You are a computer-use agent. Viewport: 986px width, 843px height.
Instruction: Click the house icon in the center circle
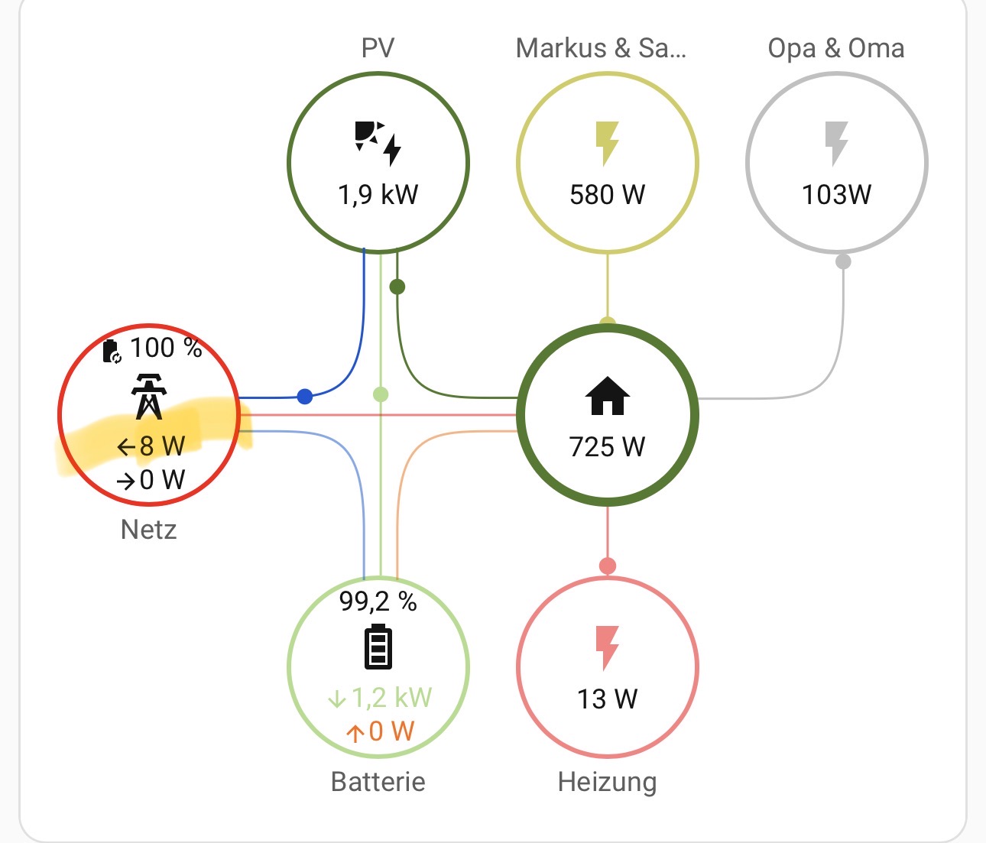[x=608, y=396]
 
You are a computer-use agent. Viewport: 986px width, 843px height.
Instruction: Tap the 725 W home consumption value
[x=608, y=446]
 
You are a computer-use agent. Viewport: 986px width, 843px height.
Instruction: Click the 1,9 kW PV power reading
[x=378, y=195]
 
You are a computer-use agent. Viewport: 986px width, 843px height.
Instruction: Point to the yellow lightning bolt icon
[x=607, y=143]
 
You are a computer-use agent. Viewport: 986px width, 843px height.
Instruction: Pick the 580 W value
[x=608, y=195]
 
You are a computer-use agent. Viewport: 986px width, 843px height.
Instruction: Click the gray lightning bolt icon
[x=836, y=143]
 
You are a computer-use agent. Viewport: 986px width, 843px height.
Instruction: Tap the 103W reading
[x=836, y=195]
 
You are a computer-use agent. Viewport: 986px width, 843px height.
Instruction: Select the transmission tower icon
[x=149, y=396]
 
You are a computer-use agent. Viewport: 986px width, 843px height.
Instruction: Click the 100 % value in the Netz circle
[x=165, y=348]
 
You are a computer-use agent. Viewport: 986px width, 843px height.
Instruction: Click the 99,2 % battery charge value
[x=378, y=602]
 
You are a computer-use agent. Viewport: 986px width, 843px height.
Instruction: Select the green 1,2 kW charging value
[x=380, y=698]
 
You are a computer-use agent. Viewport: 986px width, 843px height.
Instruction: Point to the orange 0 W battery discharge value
[x=380, y=732]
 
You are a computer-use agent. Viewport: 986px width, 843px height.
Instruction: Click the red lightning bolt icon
[x=607, y=647]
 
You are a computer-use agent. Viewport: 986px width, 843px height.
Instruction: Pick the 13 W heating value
[x=608, y=699]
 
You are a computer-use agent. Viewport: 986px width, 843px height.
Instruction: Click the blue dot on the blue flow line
[x=305, y=396]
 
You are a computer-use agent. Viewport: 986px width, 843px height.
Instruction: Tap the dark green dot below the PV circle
[x=397, y=287]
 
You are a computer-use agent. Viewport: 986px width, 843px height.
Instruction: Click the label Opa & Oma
[x=836, y=48]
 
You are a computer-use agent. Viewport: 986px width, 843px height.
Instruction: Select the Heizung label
[x=608, y=782]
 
